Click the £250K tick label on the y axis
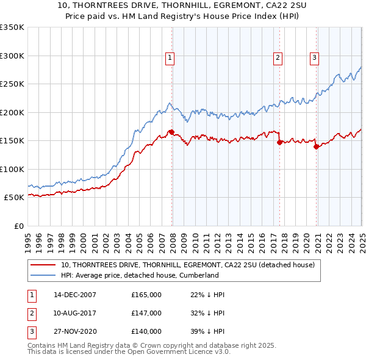click(12, 84)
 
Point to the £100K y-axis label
click(12, 169)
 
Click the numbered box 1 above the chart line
click(170, 59)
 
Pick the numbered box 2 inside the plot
click(278, 59)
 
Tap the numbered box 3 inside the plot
click(314, 59)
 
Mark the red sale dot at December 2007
click(171, 132)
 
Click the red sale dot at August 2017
click(279, 142)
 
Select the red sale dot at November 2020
click(316, 146)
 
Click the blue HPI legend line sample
click(43, 276)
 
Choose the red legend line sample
click(43, 265)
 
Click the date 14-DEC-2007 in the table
click(75, 295)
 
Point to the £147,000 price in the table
click(146, 313)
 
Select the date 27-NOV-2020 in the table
click(75, 331)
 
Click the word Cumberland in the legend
click(197, 276)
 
